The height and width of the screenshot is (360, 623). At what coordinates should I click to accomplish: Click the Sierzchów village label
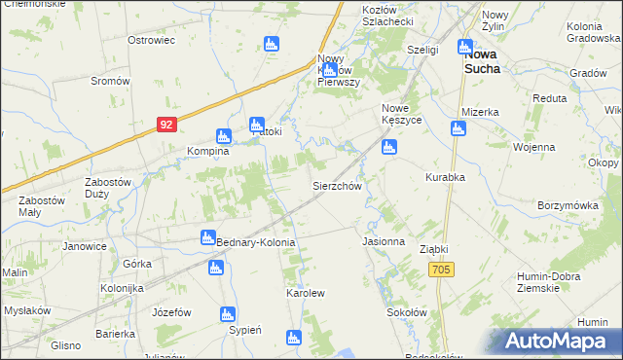click(337, 185)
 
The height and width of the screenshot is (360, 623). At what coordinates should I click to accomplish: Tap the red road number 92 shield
click(167, 125)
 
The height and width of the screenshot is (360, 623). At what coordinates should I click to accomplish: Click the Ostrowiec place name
click(151, 41)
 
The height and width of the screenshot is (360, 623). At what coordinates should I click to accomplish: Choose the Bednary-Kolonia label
click(255, 241)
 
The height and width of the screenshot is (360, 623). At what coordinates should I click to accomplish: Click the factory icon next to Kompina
click(222, 136)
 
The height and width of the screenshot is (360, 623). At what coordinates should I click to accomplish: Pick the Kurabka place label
click(445, 177)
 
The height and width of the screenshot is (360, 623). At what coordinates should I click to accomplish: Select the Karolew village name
click(305, 292)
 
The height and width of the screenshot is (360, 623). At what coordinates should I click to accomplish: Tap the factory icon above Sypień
click(228, 314)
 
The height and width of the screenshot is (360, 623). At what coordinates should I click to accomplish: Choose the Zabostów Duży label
click(109, 188)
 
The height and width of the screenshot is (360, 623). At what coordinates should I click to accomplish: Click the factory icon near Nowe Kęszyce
click(389, 148)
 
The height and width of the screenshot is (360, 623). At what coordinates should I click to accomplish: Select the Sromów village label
click(110, 81)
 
